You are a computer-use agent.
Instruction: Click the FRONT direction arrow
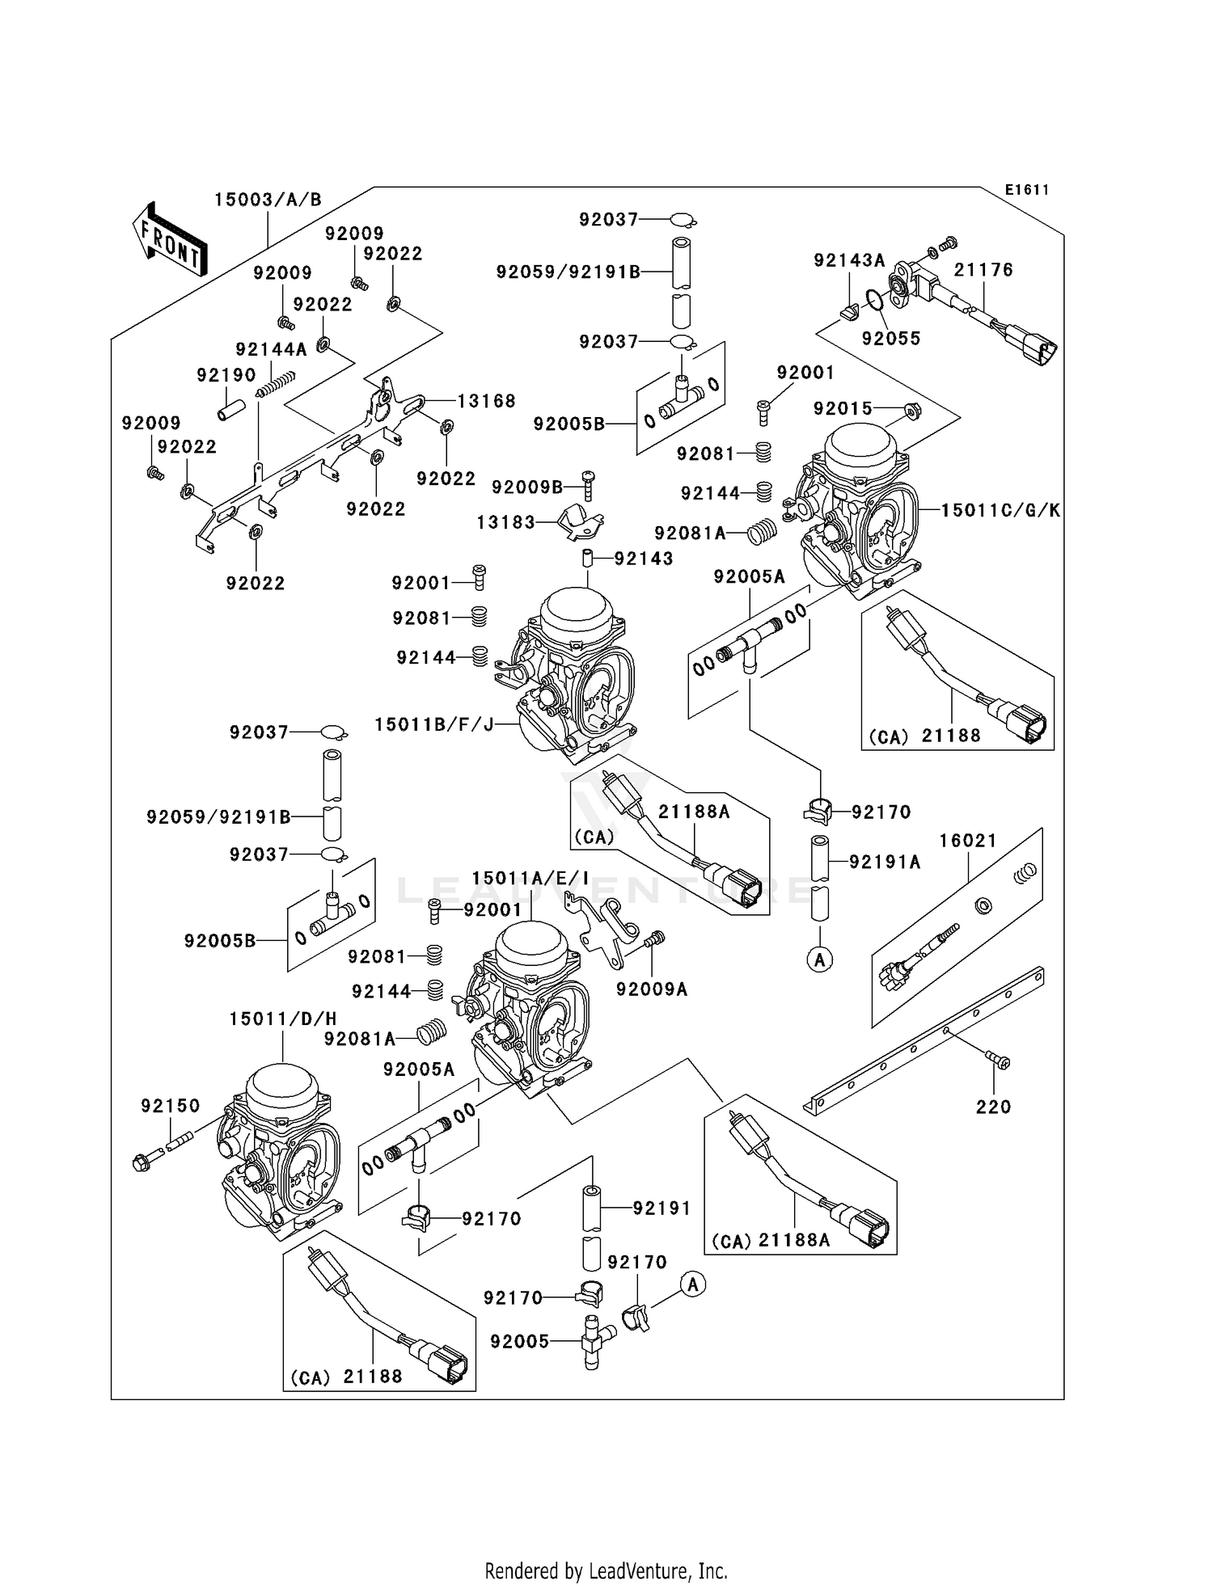(x=169, y=239)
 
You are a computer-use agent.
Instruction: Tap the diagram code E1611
(x=1026, y=190)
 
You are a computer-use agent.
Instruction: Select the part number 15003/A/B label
(x=268, y=200)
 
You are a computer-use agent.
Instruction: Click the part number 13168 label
(x=485, y=401)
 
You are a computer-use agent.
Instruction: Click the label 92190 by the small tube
(x=226, y=375)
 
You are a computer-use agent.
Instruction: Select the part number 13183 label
(x=505, y=522)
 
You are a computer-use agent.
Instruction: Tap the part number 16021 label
(x=968, y=841)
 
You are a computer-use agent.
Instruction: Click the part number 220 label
(x=993, y=1107)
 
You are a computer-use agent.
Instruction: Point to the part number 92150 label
(x=170, y=1105)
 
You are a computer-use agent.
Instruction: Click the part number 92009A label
(x=651, y=989)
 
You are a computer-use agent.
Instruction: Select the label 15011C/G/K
(x=1000, y=510)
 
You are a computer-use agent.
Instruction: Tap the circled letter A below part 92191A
(x=820, y=960)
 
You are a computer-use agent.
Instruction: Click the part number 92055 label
(x=890, y=339)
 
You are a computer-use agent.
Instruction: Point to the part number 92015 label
(x=843, y=408)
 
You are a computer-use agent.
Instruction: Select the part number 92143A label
(x=849, y=260)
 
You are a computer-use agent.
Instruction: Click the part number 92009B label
(x=526, y=487)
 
